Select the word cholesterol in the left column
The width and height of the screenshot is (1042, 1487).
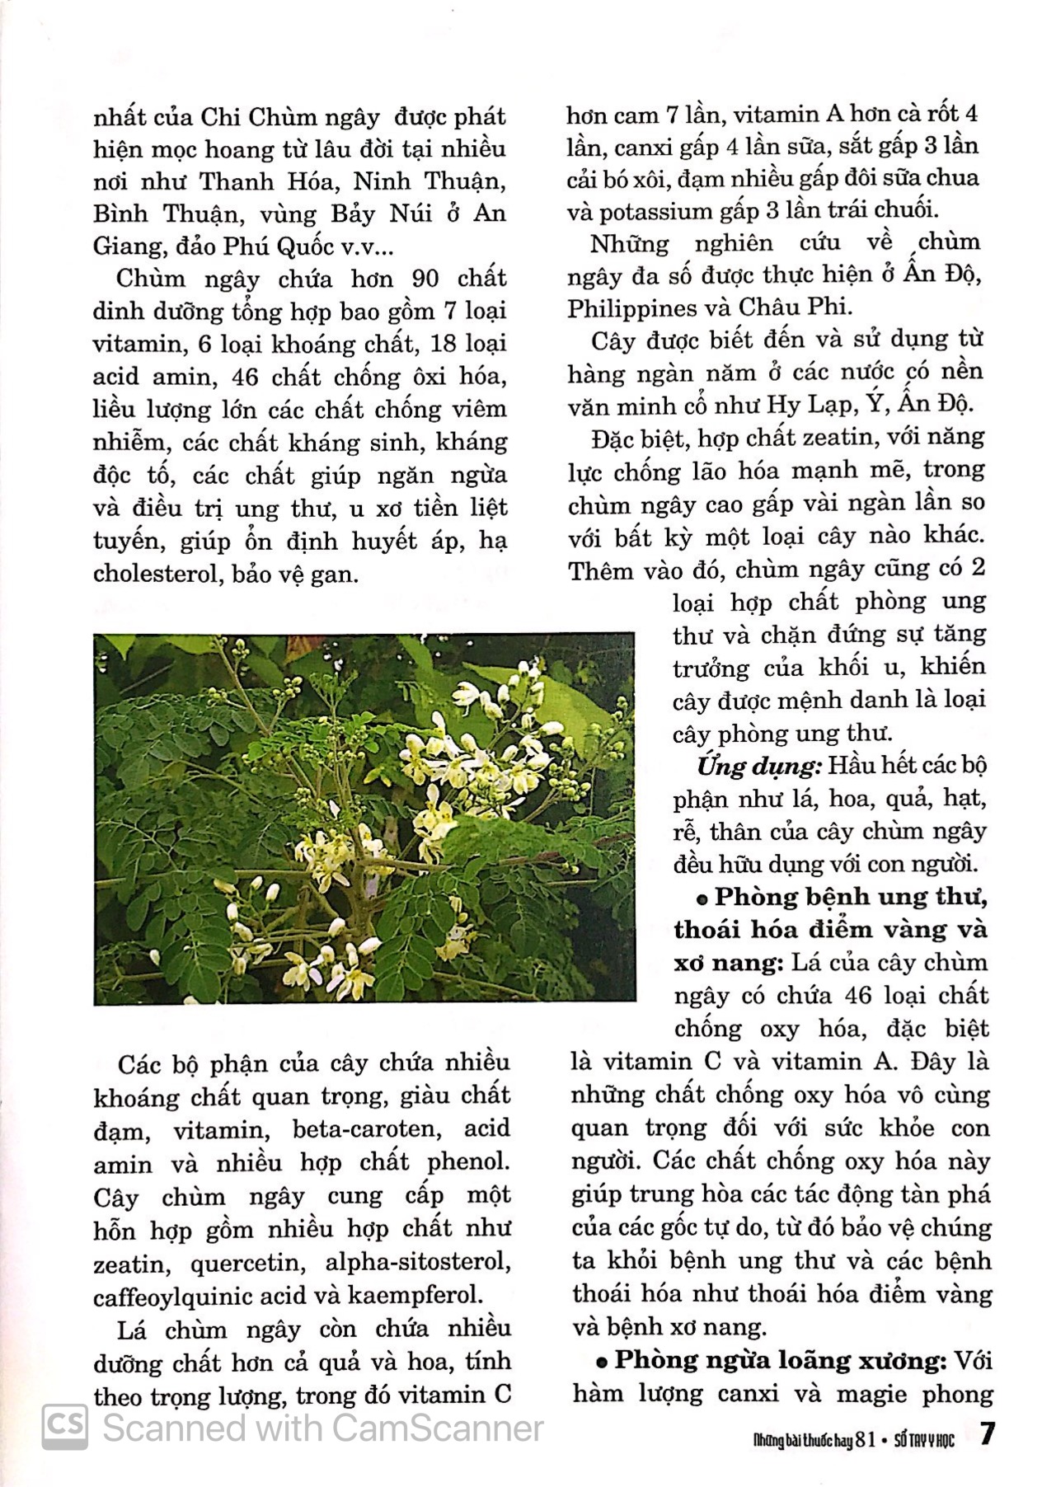click(155, 574)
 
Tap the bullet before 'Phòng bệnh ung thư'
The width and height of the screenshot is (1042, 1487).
click(701, 898)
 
